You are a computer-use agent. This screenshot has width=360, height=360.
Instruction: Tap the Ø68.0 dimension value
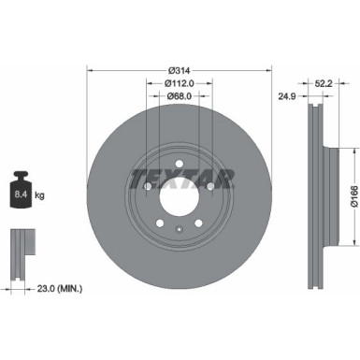pyautogui.click(x=180, y=96)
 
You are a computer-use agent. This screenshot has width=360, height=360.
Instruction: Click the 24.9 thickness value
pyautogui.click(x=287, y=94)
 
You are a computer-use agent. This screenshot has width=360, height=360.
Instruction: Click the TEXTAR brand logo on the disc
pyautogui.click(x=180, y=178)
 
